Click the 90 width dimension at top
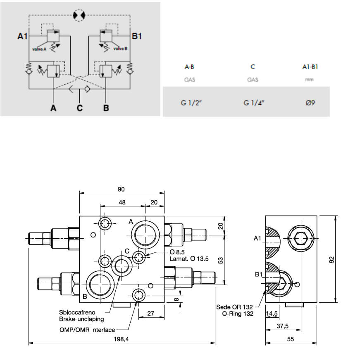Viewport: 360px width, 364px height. point(121,189)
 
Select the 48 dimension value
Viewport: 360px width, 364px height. point(122,203)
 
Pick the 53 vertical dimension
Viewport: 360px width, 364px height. point(221,260)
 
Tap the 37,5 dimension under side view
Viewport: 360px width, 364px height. point(282,326)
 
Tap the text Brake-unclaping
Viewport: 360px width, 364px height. point(81,319)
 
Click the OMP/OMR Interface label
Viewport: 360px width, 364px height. point(87,330)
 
